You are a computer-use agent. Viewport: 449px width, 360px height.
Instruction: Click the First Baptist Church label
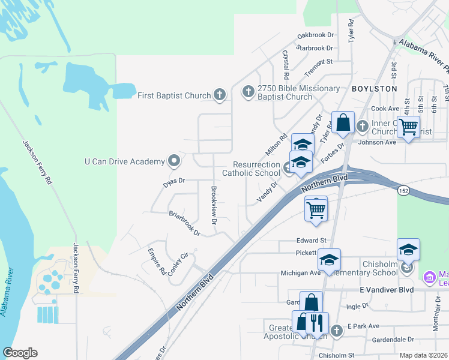point(174,95)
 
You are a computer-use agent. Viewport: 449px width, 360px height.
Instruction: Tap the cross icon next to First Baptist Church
point(220,94)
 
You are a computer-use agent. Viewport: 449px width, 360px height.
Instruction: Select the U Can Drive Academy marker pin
point(174,161)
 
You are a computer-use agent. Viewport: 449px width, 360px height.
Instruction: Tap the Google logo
point(20,353)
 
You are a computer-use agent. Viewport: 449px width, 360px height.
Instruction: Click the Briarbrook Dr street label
point(184,222)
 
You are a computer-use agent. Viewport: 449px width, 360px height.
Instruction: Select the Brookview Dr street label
point(213,205)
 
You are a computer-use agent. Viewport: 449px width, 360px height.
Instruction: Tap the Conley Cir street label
point(178,264)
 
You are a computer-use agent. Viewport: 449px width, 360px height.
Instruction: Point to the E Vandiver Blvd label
point(390,290)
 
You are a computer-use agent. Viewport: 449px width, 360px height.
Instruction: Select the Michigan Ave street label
point(301,272)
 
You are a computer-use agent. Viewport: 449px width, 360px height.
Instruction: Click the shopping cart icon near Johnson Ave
point(408,127)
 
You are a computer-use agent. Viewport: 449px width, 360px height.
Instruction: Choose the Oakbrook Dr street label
point(315,37)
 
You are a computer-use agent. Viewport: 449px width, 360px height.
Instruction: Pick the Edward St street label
point(310,241)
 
